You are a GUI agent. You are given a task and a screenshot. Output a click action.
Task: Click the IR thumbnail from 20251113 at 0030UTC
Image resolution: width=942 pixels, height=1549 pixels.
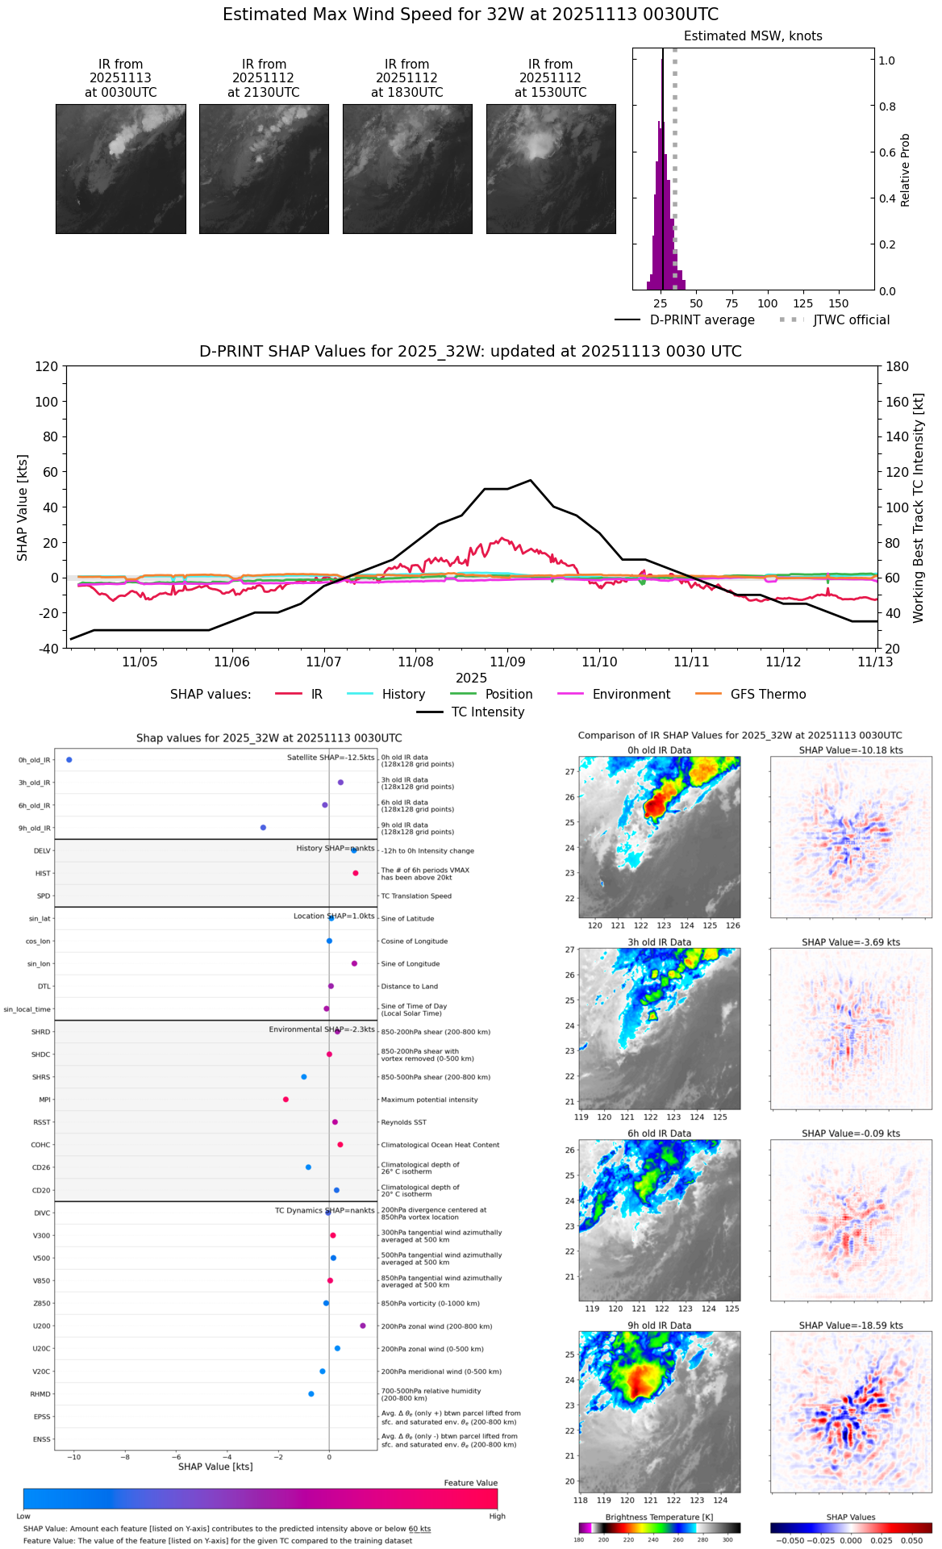pyautogui.click(x=121, y=169)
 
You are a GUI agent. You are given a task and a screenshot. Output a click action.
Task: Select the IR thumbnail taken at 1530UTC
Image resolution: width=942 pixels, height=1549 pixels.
pyautogui.click(x=551, y=169)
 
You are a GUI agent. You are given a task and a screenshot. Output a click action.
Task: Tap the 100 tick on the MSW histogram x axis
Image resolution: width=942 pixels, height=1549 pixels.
pyautogui.click(x=767, y=303)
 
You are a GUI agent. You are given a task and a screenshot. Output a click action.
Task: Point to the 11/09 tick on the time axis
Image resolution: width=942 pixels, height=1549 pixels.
pyautogui.click(x=507, y=662)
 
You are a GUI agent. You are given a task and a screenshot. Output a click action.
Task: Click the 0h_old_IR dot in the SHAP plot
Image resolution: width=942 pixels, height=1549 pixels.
pyautogui.click(x=69, y=760)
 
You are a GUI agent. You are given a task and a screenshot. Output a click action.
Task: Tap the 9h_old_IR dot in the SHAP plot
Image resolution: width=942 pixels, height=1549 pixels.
pyautogui.click(x=263, y=828)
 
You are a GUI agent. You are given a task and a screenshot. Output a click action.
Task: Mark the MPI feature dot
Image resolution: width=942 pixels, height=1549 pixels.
pyautogui.click(x=286, y=1100)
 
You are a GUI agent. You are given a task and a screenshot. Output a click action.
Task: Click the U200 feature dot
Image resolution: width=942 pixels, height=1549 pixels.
pyautogui.click(x=363, y=1326)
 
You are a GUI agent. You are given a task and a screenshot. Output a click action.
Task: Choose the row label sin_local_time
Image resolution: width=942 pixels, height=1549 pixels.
pyautogui.click(x=27, y=1009)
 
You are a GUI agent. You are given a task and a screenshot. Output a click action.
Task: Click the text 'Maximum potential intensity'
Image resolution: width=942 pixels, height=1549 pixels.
pyautogui.click(x=429, y=1100)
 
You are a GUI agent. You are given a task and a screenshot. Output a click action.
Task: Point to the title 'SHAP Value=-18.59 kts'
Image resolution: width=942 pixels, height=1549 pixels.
pyautogui.click(x=851, y=1326)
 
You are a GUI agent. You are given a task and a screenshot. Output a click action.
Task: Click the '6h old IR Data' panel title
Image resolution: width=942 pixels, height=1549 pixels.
pyautogui.click(x=659, y=1134)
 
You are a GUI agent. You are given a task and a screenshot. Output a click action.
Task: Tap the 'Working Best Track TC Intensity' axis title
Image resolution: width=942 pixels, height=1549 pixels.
pyautogui.click(x=919, y=508)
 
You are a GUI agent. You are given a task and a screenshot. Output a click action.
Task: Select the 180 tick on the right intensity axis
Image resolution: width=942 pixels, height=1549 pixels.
pyautogui.click(x=898, y=366)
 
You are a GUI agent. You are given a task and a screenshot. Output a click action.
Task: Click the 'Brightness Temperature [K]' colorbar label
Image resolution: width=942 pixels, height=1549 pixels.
pyautogui.click(x=659, y=1518)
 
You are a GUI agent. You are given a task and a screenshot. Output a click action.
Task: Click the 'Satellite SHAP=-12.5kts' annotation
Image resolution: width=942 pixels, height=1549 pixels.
pyautogui.click(x=331, y=758)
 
